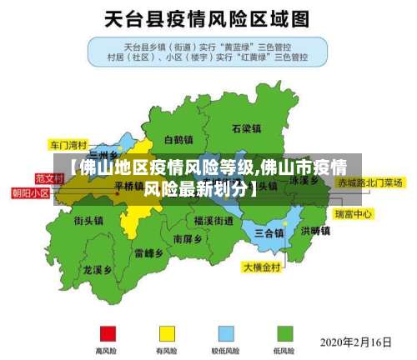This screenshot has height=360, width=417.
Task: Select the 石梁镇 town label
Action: pyautogui.click(x=246, y=129)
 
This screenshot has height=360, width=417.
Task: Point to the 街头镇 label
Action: pyautogui.click(x=88, y=221)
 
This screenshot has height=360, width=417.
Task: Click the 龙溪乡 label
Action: pyautogui.click(x=98, y=270)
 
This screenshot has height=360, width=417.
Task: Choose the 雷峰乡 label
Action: pyautogui.click(x=148, y=252)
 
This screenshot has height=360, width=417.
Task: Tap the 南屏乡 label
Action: pyautogui.click(x=188, y=238)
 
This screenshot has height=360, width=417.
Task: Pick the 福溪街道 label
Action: pyautogui.click(x=214, y=221)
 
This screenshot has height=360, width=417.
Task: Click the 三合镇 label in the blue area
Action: pyautogui.click(x=269, y=232)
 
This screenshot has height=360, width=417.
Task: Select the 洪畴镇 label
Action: pyautogui.click(x=315, y=231)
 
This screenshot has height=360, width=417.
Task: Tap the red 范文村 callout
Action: pyautogui.click(x=49, y=178)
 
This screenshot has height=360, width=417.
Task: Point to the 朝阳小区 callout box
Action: pyautogui.click(x=31, y=192)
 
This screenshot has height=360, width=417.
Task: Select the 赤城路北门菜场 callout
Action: pyautogui.click(x=369, y=182)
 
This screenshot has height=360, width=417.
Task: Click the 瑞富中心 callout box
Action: pyautogui.click(x=354, y=214)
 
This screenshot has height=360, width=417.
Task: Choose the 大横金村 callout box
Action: pyautogui.click(x=264, y=267)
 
